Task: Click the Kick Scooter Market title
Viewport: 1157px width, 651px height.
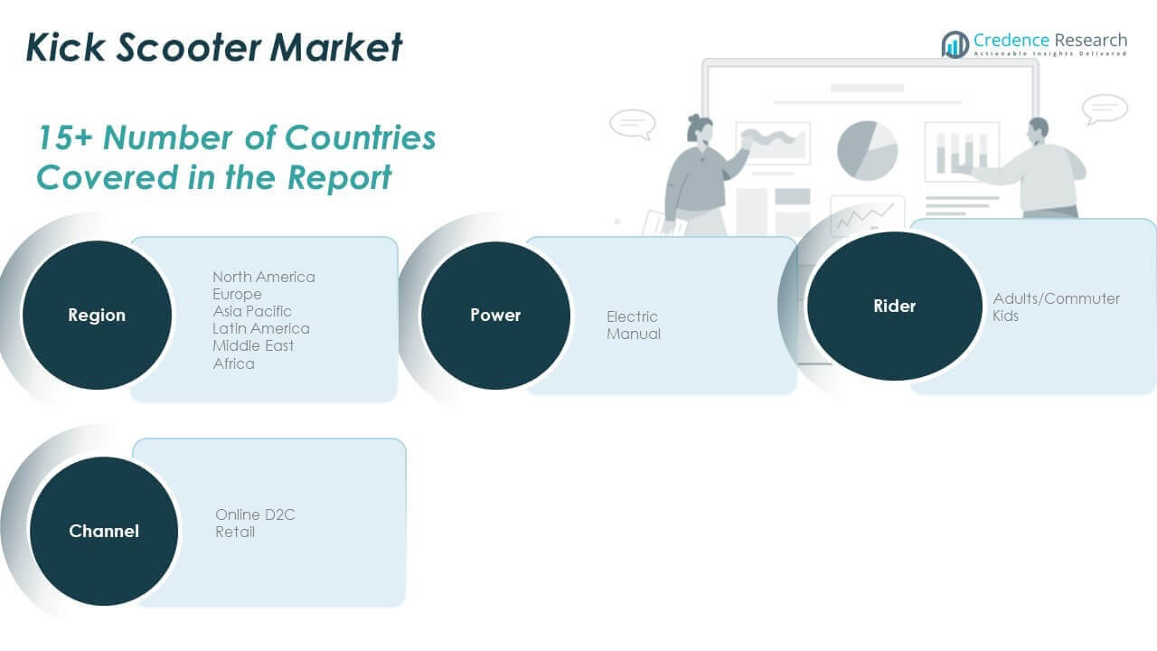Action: [214, 47]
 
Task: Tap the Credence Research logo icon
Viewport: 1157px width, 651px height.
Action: [955, 44]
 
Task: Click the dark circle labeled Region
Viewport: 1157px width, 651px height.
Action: [97, 316]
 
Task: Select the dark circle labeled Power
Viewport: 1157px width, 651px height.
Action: [495, 316]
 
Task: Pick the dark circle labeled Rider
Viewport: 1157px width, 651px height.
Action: [894, 307]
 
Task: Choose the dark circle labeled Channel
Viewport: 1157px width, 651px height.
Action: [104, 531]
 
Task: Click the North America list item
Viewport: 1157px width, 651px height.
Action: [264, 277]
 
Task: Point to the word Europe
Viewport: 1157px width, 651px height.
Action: [237, 294]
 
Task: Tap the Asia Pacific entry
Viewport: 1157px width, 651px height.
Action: [252, 311]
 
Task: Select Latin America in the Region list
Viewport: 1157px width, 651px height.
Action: [261, 328]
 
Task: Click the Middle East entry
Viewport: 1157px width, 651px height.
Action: [253, 345]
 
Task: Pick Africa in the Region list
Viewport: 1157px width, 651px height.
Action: [233, 363]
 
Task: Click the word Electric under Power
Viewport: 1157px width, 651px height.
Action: [632, 316]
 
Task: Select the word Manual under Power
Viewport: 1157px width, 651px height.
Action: [634, 334]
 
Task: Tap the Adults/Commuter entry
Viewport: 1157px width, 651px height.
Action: [1056, 298]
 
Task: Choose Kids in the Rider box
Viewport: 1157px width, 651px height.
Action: [1005, 316]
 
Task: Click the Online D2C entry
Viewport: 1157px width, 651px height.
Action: [255, 514]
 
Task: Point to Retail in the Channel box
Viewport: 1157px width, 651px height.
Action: [234, 532]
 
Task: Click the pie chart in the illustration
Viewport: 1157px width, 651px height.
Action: [867, 150]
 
